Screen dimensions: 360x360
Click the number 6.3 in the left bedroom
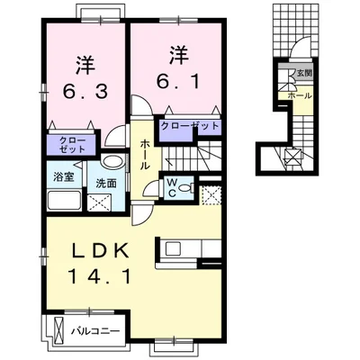(x=85, y=90)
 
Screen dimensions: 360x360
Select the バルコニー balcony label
(x=95, y=330)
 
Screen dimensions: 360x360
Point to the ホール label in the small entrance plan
(x=300, y=94)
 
